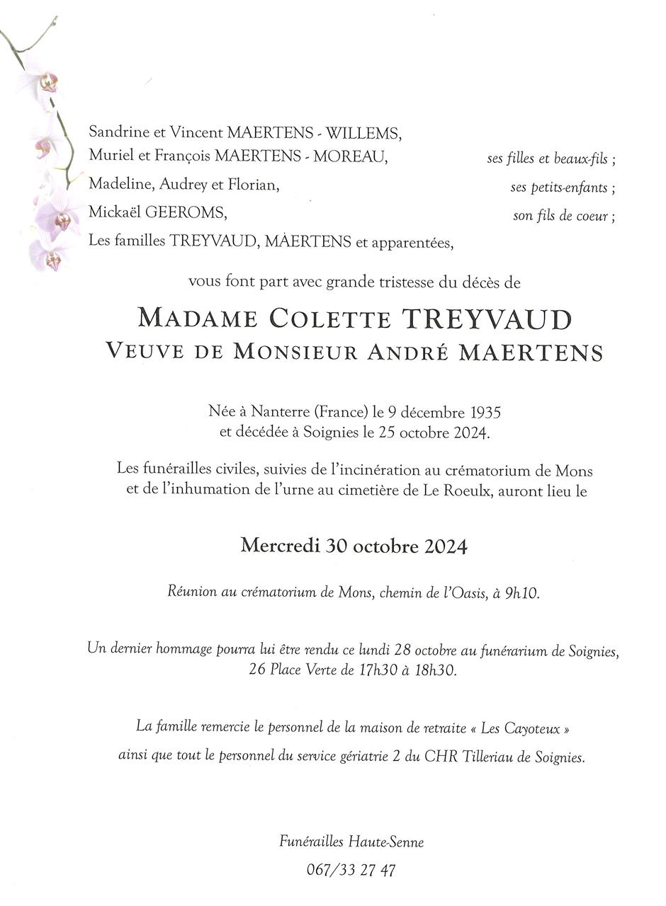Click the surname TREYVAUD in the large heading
click(x=487, y=319)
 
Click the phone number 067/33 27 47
click(x=351, y=870)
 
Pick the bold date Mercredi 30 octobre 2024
click(x=354, y=546)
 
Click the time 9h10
click(x=522, y=593)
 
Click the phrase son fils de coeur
click(x=564, y=217)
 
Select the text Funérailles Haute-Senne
click(x=351, y=842)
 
